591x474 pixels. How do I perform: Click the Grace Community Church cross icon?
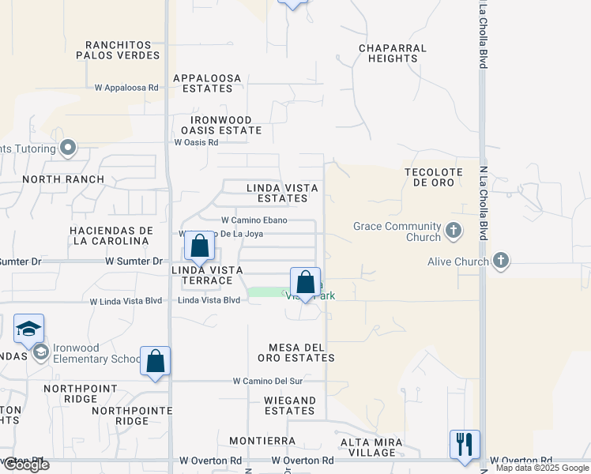pyautogui.click(x=453, y=231)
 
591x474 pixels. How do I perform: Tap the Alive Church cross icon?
pyautogui.click(x=500, y=261)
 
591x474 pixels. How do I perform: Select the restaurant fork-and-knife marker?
pyautogui.click(x=465, y=444)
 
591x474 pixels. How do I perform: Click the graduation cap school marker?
pyautogui.click(x=28, y=329)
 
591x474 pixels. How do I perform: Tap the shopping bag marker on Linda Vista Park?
pyautogui.click(x=305, y=284)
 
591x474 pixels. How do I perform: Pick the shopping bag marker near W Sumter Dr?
pyautogui.click(x=201, y=246)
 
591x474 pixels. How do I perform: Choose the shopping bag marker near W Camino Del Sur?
pyautogui.click(x=156, y=361)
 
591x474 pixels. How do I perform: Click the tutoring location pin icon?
pyautogui.click(x=69, y=148)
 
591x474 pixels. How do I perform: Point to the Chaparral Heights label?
pyautogui.click(x=393, y=53)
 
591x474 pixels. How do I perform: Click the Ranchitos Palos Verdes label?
pyautogui.click(x=118, y=50)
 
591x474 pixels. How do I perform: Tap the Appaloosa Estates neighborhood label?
pyautogui.click(x=203, y=83)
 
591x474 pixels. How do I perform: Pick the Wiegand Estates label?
pyautogui.click(x=290, y=405)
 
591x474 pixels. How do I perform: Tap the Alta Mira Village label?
pyautogui.click(x=371, y=447)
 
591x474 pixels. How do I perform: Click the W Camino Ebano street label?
pyautogui.click(x=254, y=220)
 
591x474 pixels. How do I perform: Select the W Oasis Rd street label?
pyautogui.click(x=196, y=142)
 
